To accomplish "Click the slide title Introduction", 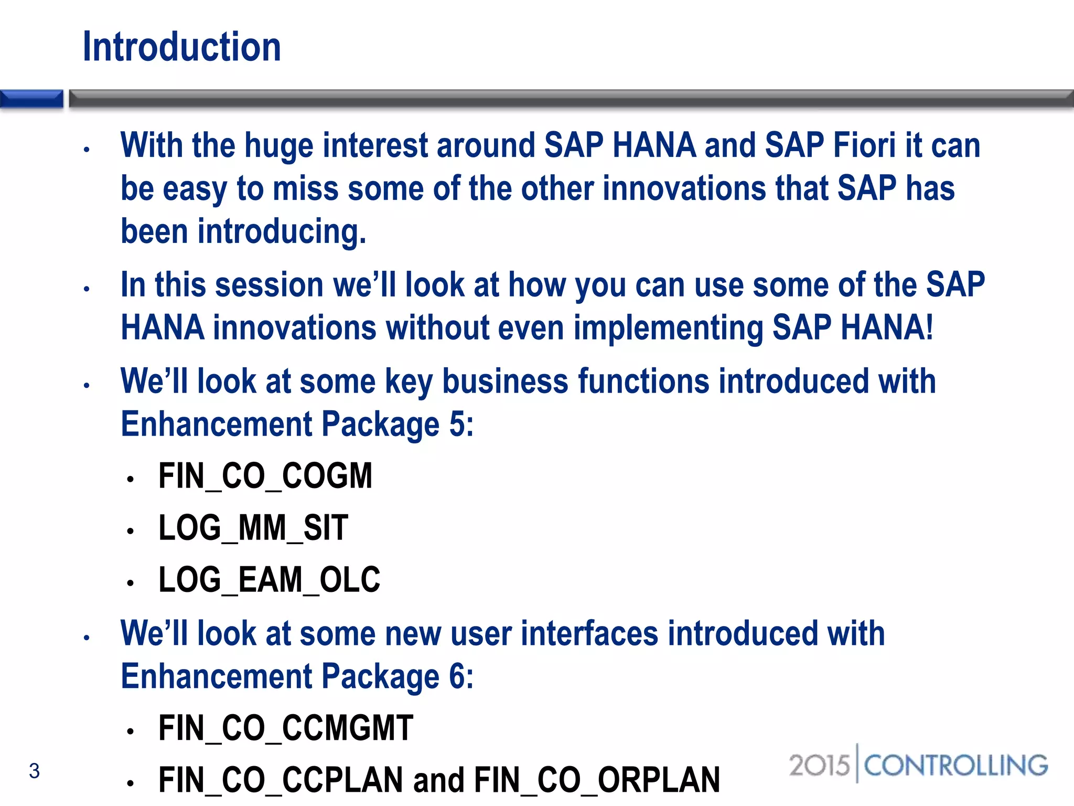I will tap(182, 47).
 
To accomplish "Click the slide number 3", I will tap(34, 771).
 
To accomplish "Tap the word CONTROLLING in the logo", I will tap(955, 766).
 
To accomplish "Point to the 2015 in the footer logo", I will tap(819, 766).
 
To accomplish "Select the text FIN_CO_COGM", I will tap(265, 476).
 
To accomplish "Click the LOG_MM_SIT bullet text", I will tap(253, 528).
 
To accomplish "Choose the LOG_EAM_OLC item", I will tap(269, 580).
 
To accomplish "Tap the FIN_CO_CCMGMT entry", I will tap(286, 728).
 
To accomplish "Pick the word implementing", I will tap(668, 328).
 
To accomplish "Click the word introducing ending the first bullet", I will tap(281, 232).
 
